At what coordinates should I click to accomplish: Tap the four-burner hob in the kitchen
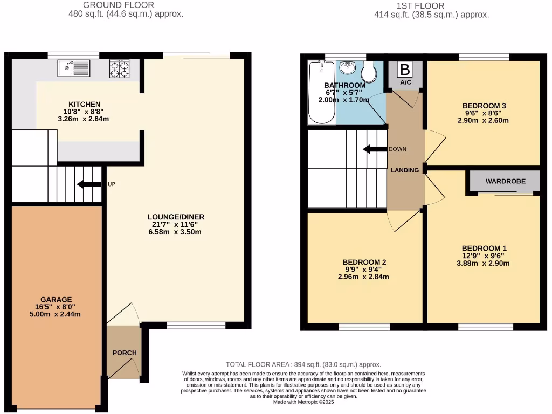[119, 68]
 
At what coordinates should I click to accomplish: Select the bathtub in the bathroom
[321, 93]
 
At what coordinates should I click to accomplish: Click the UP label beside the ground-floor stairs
[112, 184]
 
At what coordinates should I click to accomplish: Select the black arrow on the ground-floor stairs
[89, 184]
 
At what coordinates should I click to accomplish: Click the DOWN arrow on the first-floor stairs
[374, 149]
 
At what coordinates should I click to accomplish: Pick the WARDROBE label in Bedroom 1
[505, 182]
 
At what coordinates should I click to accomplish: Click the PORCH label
[125, 353]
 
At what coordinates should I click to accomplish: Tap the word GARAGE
[56, 300]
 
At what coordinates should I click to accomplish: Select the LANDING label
[405, 170]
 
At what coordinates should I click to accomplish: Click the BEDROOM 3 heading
[484, 106]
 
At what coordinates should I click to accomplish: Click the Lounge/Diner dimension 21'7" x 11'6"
[176, 224]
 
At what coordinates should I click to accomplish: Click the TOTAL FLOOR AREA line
[303, 364]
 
